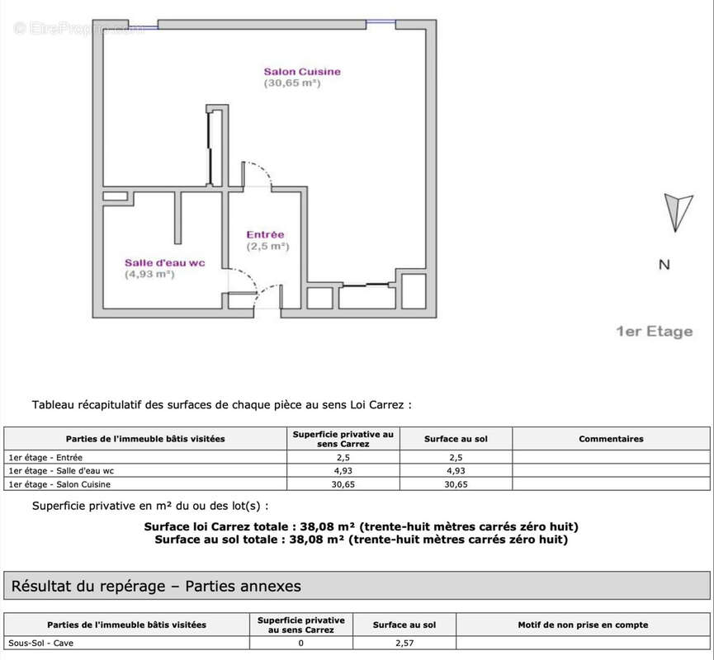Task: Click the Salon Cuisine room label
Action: (x=301, y=72)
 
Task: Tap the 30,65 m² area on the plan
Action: (x=291, y=83)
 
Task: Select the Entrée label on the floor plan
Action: (x=265, y=235)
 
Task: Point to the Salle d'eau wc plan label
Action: (x=164, y=262)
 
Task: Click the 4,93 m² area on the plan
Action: (x=149, y=274)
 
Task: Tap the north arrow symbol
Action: (x=679, y=212)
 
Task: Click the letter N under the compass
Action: (x=664, y=265)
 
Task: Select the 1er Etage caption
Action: (x=654, y=332)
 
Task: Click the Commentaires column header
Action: (x=611, y=439)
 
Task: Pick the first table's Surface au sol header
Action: (x=456, y=439)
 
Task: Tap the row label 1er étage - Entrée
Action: (x=45, y=457)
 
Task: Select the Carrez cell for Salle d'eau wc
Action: (x=343, y=470)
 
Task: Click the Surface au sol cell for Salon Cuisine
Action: (x=456, y=484)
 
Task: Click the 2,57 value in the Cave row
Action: (x=404, y=643)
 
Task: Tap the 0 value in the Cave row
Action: (x=300, y=643)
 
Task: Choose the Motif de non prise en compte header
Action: (x=583, y=625)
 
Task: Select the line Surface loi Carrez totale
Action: (x=361, y=526)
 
